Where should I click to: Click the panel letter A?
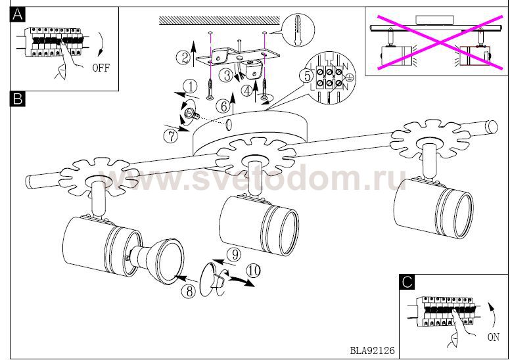[x=18, y=15]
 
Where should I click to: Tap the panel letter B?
[x=18, y=99]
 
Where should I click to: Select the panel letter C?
[x=407, y=282]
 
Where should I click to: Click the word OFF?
[x=101, y=68]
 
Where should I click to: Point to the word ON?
[x=494, y=337]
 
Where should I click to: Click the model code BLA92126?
[x=372, y=351]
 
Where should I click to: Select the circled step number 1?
[x=191, y=87]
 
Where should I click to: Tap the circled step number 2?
[x=184, y=58]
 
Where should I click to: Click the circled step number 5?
[x=307, y=76]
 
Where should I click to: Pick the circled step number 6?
[x=223, y=106]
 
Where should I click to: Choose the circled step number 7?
[x=171, y=136]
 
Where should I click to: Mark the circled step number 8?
[x=189, y=291]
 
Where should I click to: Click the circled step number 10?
[x=254, y=271]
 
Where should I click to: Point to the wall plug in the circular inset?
[x=298, y=30]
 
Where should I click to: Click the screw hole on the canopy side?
[x=229, y=125]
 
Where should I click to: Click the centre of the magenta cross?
[x=440, y=42]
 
